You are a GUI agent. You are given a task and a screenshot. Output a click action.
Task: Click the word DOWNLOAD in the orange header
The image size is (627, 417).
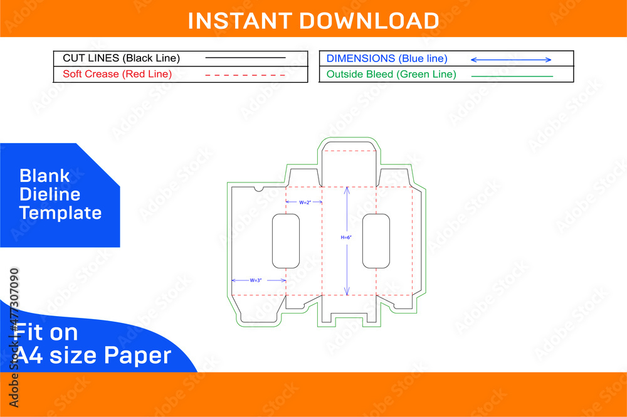[369, 21]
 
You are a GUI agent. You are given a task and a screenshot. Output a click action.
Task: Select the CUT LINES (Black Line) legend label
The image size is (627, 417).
[121, 58]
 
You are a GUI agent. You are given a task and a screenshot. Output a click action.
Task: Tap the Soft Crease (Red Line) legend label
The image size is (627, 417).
[117, 75]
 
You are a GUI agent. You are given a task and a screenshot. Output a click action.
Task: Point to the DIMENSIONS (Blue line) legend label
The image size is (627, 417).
[387, 59]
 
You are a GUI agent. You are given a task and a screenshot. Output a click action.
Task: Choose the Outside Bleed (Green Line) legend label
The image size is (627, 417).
[391, 75]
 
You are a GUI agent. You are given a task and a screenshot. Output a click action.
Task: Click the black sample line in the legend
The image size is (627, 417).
[245, 58]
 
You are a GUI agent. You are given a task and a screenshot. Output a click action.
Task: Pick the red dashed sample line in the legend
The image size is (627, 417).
[245, 75]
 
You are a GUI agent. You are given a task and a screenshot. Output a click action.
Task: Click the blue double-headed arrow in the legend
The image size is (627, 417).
[511, 60]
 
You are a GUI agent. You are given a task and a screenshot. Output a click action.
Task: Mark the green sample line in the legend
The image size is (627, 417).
[512, 76]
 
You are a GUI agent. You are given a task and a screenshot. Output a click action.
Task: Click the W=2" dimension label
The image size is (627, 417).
[305, 203]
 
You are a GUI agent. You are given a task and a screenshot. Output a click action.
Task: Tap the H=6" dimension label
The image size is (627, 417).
[346, 238]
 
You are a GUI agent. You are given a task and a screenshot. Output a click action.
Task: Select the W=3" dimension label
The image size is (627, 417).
[256, 280]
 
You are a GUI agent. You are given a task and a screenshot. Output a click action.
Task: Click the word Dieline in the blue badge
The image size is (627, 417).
[50, 194]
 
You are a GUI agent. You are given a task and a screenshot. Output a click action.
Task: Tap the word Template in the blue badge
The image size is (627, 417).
[60, 213]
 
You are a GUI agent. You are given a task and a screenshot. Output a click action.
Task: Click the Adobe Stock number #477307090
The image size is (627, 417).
[14, 300]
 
